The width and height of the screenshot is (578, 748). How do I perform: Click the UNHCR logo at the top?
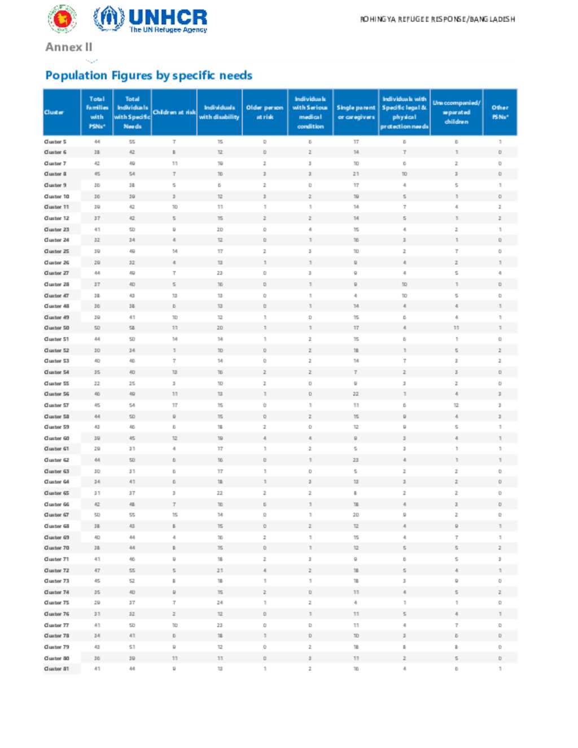(x=150, y=19)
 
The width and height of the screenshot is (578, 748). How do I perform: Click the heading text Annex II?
(x=68, y=47)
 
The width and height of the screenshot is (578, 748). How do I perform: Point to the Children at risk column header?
(x=174, y=112)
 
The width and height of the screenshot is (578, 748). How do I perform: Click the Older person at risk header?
(x=264, y=112)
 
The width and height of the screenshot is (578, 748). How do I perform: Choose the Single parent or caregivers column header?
(x=356, y=112)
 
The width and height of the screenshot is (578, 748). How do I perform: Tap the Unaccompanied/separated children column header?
(x=456, y=112)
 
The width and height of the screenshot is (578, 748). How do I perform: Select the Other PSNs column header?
(x=500, y=112)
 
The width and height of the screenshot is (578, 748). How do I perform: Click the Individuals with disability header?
(x=219, y=112)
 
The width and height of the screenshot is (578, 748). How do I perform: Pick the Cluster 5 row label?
(x=55, y=142)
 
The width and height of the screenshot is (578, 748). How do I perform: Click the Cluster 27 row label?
(x=56, y=273)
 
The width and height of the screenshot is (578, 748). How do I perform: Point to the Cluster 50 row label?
(x=56, y=328)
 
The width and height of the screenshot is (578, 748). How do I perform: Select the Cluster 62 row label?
(x=56, y=460)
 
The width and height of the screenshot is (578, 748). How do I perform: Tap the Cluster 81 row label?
(x=56, y=669)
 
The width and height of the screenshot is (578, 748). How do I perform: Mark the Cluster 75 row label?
(x=56, y=603)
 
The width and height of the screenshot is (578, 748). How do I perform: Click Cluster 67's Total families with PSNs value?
(x=97, y=515)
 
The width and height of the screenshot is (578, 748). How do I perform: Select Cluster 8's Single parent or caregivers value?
(x=356, y=174)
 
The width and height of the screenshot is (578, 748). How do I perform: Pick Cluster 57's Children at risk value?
(x=174, y=405)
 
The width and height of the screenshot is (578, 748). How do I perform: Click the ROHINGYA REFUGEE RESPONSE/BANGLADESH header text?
(x=437, y=19)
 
